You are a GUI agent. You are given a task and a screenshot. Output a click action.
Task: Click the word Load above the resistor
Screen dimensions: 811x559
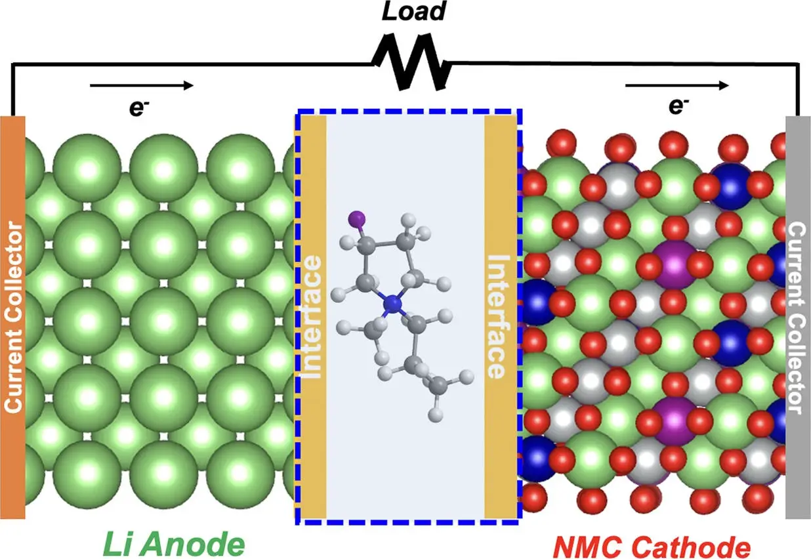[x=414, y=11]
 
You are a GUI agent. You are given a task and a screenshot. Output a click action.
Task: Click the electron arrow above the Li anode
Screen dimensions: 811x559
[x=142, y=85]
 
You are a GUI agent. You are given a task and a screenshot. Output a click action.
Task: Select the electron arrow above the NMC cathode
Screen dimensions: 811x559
[x=677, y=85]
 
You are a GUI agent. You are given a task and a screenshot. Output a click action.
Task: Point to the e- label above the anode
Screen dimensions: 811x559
[x=139, y=108]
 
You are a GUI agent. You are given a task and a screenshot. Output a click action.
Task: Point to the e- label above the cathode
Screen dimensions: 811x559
[x=678, y=106]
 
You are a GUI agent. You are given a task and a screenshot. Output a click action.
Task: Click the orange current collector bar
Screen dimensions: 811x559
[x=12, y=317]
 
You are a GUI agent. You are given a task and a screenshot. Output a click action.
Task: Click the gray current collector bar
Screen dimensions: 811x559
[x=798, y=317]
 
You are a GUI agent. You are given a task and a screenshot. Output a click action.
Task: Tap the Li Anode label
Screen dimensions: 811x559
[x=174, y=543]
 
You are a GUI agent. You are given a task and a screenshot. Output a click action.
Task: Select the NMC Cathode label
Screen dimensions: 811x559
[x=652, y=547]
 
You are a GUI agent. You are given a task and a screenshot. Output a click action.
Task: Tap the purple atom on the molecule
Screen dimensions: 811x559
[x=357, y=218]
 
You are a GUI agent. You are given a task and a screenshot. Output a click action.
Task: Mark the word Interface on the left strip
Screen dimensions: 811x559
[x=312, y=317]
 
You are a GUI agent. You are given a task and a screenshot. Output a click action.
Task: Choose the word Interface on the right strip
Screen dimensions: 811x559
[x=499, y=317]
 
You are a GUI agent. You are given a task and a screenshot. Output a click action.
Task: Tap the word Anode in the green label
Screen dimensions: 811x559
[x=196, y=543]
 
